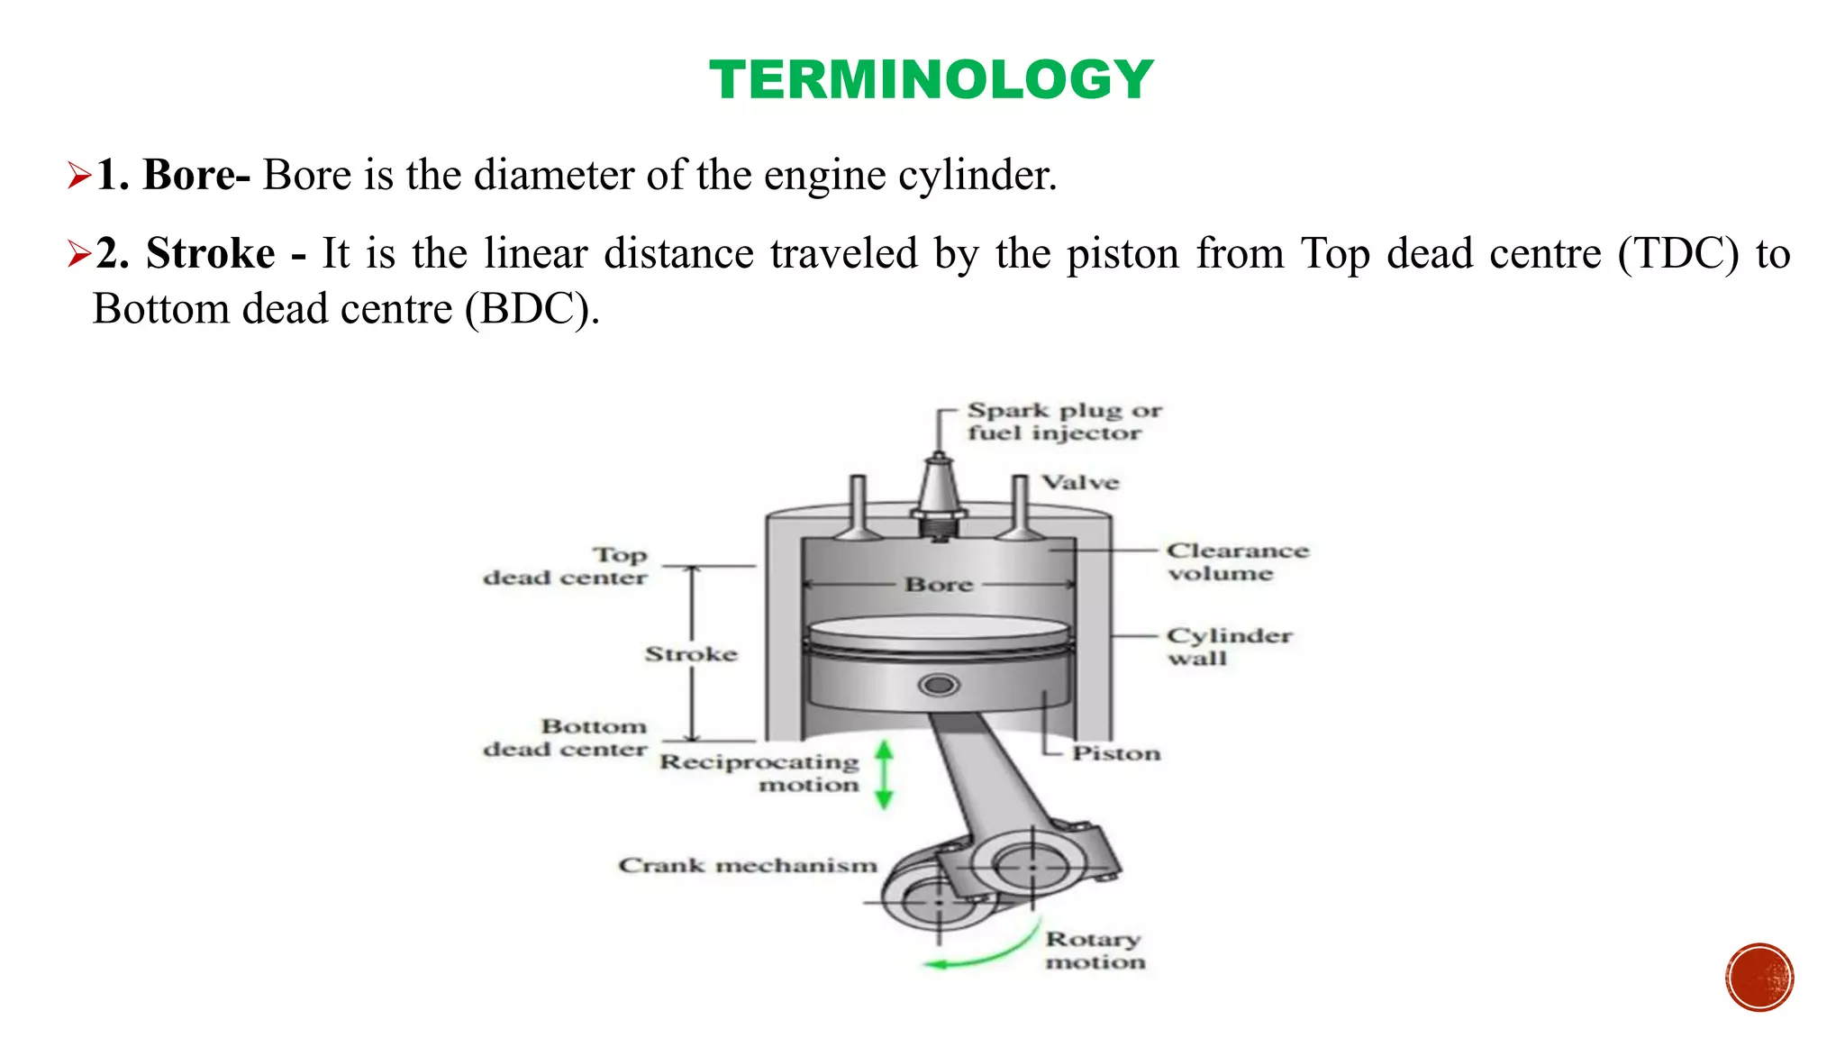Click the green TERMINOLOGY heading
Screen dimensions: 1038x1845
point(931,79)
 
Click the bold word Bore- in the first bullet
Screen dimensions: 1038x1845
point(196,175)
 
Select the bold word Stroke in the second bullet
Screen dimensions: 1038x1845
point(210,253)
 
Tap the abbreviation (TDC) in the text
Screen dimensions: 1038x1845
point(1677,253)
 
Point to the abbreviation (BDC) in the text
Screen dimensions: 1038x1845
point(532,310)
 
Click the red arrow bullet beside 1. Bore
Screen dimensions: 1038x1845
point(79,176)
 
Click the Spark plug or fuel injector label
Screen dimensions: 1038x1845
point(1063,422)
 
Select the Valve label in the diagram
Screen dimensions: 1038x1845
point(1080,483)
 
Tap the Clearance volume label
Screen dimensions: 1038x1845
point(1236,562)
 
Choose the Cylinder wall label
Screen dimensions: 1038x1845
point(1228,646)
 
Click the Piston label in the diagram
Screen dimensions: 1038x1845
point(1115,753)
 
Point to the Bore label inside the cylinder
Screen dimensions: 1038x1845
point(939,585)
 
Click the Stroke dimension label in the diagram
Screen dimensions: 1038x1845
point(690,654)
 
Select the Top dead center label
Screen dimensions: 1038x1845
point(566,566)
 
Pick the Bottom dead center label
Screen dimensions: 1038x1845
point(566,737)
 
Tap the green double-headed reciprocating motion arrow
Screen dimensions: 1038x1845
point(884,774)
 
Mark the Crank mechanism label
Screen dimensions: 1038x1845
point(747,866)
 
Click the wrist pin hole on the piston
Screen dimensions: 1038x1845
point(939,686)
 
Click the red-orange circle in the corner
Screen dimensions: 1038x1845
point(1759,977)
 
